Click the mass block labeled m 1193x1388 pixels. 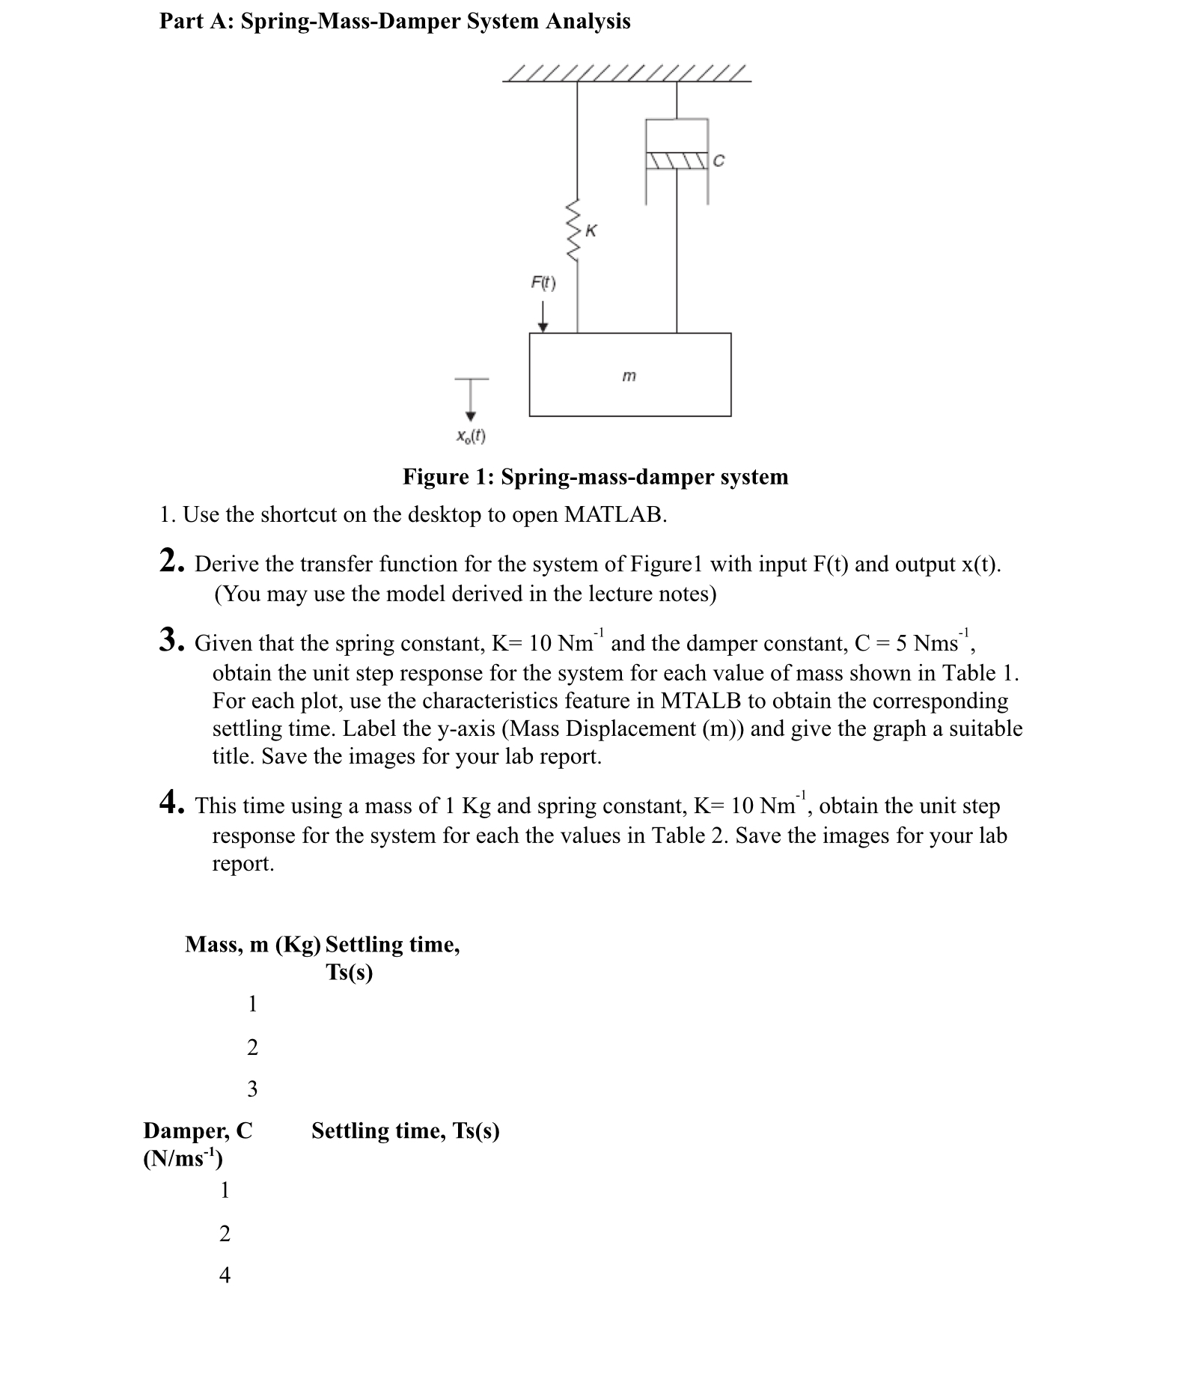pos(629,374)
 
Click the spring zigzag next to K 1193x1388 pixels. pos(574,231)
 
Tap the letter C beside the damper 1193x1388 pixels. pos(719,160)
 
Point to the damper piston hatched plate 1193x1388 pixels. pos(677,160)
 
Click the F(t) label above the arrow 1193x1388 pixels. pos(543,283)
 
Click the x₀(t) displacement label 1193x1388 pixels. pos(471,435)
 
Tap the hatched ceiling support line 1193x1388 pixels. pos(626,74)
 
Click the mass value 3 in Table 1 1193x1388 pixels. pos(252,1089)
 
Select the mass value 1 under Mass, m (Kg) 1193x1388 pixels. pos(252,1003)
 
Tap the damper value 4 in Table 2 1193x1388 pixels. pos(225,1275)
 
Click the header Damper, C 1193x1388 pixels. pos(198,1130)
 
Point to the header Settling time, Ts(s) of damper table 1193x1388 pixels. pos(405,1130)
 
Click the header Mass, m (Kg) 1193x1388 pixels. pos(252,945)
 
